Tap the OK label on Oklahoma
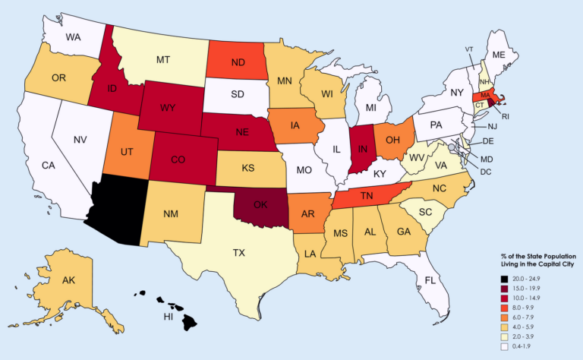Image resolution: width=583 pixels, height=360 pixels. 260,205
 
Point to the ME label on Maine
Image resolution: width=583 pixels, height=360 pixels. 498,55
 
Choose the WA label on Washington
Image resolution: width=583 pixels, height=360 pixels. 74,36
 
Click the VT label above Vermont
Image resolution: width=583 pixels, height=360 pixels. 471,49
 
